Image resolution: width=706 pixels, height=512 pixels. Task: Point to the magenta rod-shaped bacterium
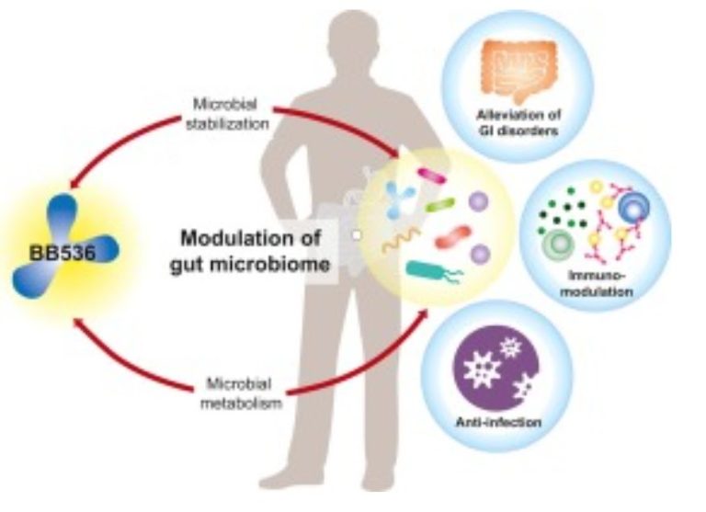[431, 173]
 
